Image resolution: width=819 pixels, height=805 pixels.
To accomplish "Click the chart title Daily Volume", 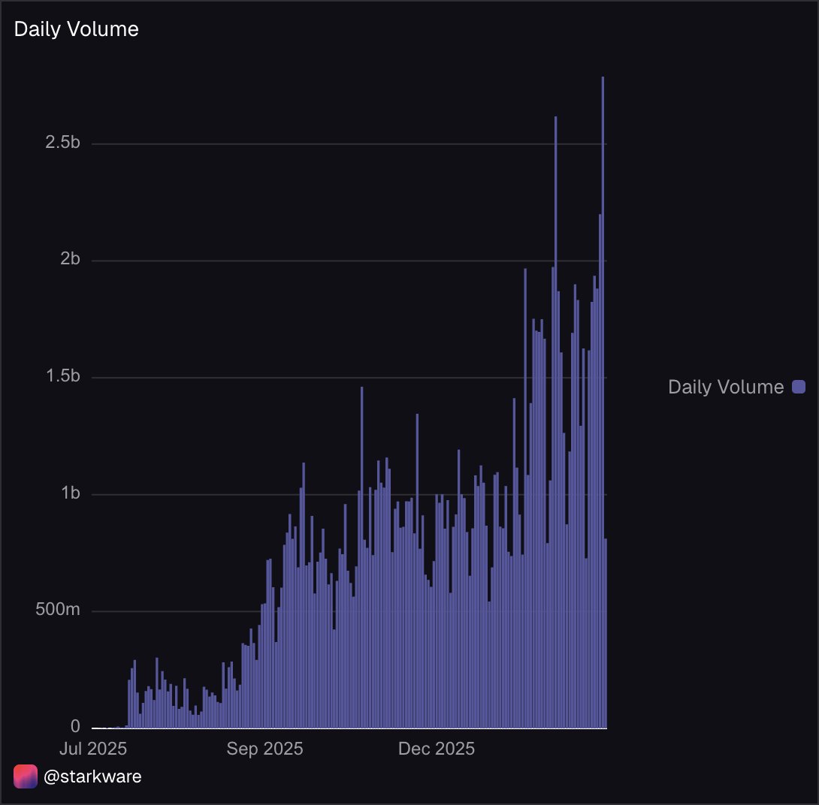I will pyautogui.click(x=77, y=29).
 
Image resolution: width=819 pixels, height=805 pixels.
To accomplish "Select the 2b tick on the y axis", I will pyautogui.click(x=70, y=260).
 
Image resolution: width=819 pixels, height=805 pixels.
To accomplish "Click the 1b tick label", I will pyautogui.click(x=70, y=494).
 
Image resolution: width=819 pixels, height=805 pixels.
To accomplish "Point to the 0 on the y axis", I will pyautogui.click(x=76, y=727).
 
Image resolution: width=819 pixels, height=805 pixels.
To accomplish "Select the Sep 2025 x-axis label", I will pyautogui.click(x=264, y=749).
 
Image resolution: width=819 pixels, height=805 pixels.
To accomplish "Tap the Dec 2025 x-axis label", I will pyautogui.click(x=437, y=749).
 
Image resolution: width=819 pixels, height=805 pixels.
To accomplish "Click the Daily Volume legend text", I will pyautogui.click(x=725, y=387).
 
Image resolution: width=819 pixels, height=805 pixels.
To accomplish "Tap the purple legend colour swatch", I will pyautogui.click(x=799, y=387).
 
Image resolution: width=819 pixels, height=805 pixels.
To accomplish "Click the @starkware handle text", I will pyautogui.click(x=92, y=776).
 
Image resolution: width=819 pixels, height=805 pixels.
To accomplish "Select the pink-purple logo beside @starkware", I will pyautogui.click(x=26, y=776).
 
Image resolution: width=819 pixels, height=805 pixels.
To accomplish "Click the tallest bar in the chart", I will pyautogui.click(x=603, y=406).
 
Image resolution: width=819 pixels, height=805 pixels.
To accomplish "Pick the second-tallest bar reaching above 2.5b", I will pyautogui.click(x=555, y=421).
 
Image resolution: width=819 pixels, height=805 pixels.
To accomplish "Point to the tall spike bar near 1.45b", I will pyautogui.click(x=361, y=556).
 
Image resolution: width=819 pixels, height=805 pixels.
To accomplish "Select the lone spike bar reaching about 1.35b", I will pyautogui.click(x=417, y=571).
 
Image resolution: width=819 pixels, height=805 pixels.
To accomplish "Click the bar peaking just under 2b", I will pyautogui.click(x=525, y=496).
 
